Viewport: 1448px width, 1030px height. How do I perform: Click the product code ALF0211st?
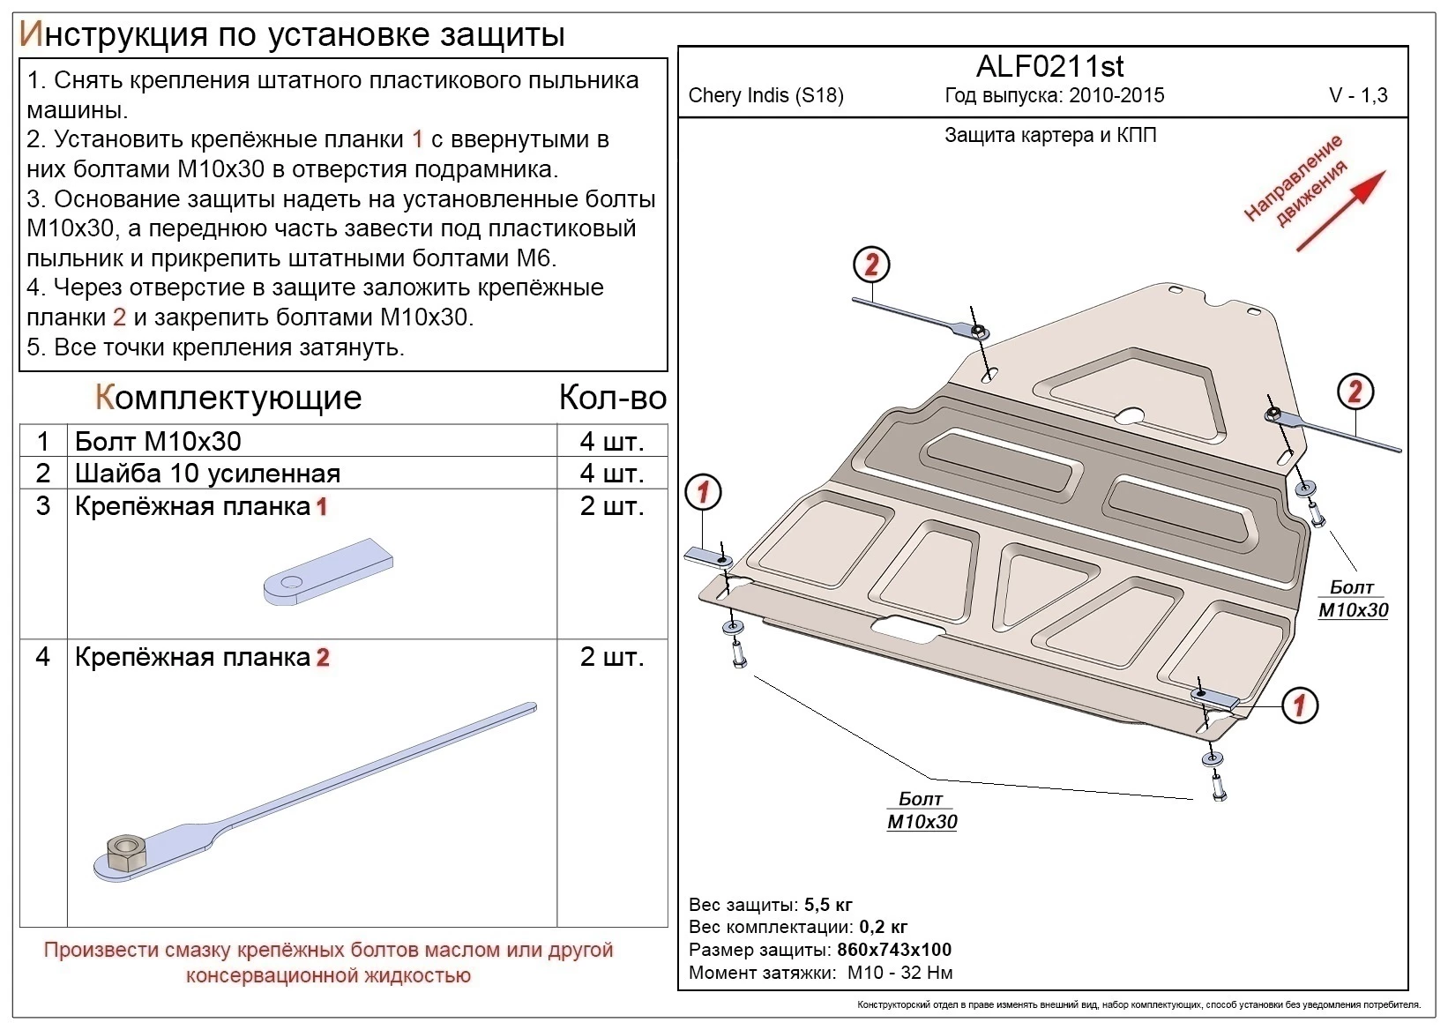tap(1049, 67)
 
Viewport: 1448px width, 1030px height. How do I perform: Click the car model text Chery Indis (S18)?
tap(765, 96)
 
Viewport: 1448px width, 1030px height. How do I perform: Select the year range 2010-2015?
tap(1116, 96)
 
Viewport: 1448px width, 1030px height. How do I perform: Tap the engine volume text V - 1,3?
tap(1358, 96)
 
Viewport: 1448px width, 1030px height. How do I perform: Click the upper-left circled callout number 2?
tap(871, 265)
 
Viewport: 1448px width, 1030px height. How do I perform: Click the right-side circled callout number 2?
tap(1355, 392)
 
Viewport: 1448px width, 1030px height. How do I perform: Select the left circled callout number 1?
tap(703, 492)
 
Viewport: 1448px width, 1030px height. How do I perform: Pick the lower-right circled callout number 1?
tap(1299, 705)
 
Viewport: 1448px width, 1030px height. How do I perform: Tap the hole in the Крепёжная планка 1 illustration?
tap(287, 581)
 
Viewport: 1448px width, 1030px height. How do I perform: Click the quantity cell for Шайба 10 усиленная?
tap(612, 474)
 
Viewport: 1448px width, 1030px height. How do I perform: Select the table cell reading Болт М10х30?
tap(159, 441)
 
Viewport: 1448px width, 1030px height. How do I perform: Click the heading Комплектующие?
tap(228, 398)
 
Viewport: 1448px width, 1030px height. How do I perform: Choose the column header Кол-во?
tap(612, 398)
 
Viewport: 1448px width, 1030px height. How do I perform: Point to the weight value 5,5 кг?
tap(828, 905)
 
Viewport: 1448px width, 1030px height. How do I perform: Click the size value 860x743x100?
tap(893, 950)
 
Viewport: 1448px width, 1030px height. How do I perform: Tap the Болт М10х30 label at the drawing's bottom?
tap(922, 810)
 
